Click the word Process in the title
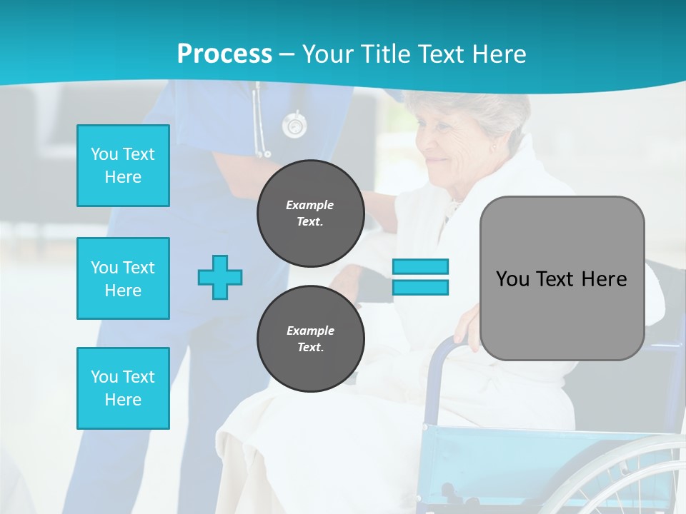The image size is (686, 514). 224,54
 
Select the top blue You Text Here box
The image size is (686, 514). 123,166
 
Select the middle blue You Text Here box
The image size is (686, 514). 123,278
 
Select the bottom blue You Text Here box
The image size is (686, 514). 123,388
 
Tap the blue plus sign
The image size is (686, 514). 220,277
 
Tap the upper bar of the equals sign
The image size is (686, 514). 420,266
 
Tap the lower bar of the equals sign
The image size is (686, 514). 420,287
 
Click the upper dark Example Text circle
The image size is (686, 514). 310,213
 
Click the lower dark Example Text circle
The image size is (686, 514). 310,338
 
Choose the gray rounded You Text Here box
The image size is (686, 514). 562,278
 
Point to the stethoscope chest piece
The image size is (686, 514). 293,126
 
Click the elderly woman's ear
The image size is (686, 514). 494,148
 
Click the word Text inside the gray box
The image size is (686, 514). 555,279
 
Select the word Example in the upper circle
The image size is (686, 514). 310,205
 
